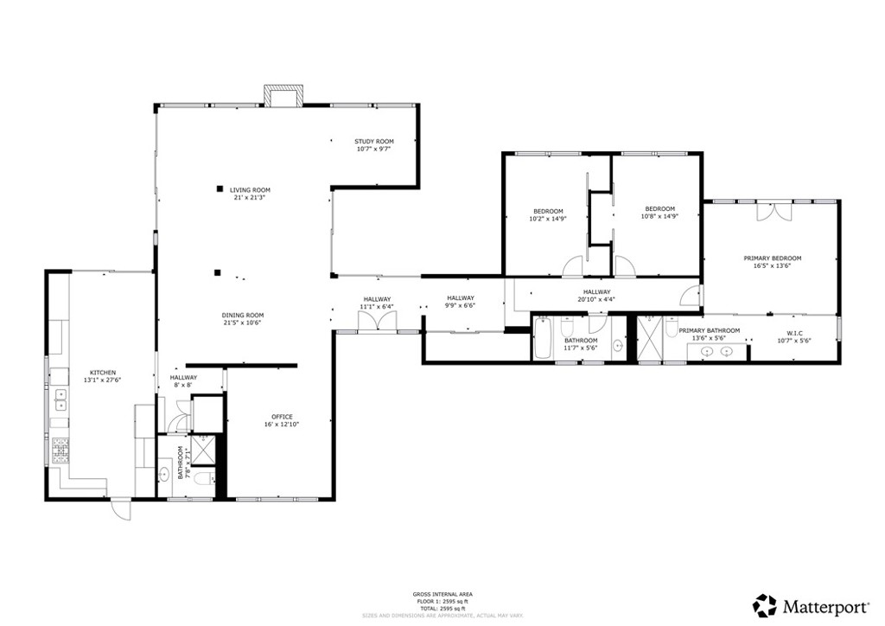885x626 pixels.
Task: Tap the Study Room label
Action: pyautogui.click(x=373, y=142)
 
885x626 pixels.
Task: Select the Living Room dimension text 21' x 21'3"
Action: pyautogui.click(x=250, y=197)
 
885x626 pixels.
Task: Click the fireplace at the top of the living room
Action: pyautogui.click(x=283, y=96)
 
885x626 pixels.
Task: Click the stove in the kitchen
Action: pyautogui.click(x=61, y=450)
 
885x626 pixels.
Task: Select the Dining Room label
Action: pyautogui.click(x=243, y=315)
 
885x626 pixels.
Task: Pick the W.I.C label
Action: pyautogui.click(x=795, y=333)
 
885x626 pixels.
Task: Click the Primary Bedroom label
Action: pyautogui.click(x=772, y=258)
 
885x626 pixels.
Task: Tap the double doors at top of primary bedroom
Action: pyautogui.click(x=773, y=213)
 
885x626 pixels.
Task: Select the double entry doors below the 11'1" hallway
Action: pyautogui.click(x=378, y=321)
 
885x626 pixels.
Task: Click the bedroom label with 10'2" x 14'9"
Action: pyautogui.click(x=548, y=211)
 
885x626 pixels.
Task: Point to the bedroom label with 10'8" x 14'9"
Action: pyautogui.click(x=659, y=208)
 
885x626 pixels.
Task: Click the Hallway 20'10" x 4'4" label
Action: pyautogui.click(x=596, y=292)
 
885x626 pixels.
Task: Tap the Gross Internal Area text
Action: pyautogui.click(x=442, y=594)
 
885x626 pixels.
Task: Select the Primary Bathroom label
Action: pyautogui.click(x=709, y=330)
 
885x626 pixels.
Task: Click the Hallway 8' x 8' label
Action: pyautogui.click(x=182, y=377)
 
